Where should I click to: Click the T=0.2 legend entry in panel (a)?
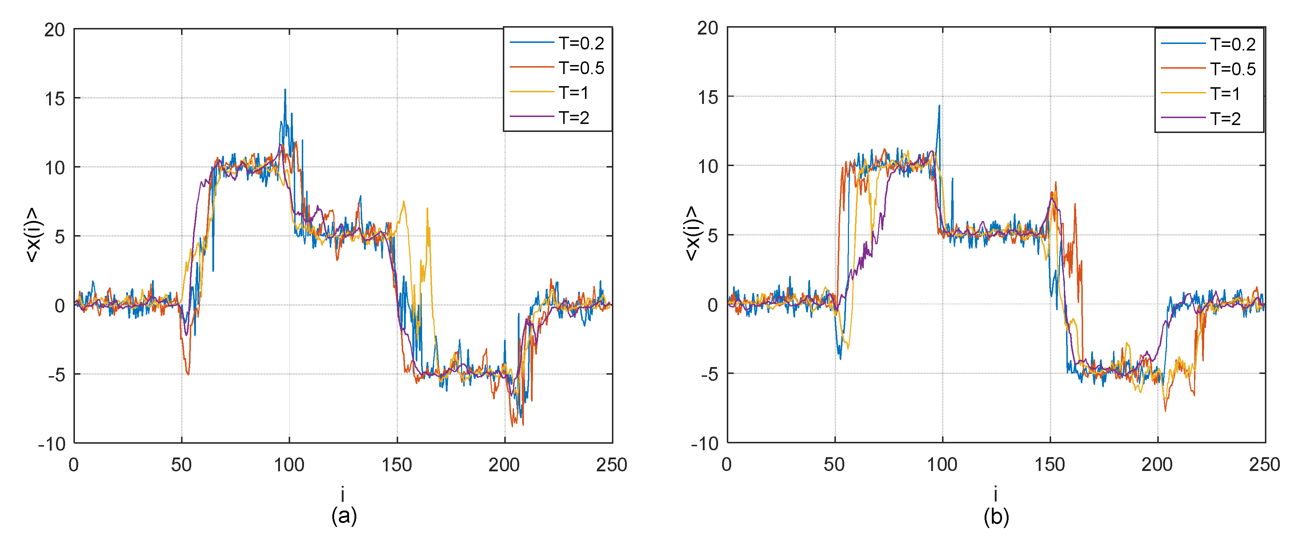pyautogui.click(x=581, y=44)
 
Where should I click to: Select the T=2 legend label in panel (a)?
pyautogui.click(x=574, y=118)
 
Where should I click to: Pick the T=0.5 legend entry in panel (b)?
pyautogui.click(x=1233, y=69)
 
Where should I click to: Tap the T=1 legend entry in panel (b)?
pyautogui.click(x=1225, y=94)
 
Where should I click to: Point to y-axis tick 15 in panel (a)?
pyautogui.click(x=55, y=98)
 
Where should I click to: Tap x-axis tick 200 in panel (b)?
pyautogui.click(x=1157, y=465)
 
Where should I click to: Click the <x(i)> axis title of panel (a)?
pyautogui.click(x=34, y=235)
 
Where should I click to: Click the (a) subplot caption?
pyautogui.click(x=344, y=516)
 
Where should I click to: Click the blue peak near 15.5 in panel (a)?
pyautogui.click(x=285, y=90)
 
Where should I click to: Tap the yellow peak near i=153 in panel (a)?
pyautogui.click(x=404, y=202)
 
